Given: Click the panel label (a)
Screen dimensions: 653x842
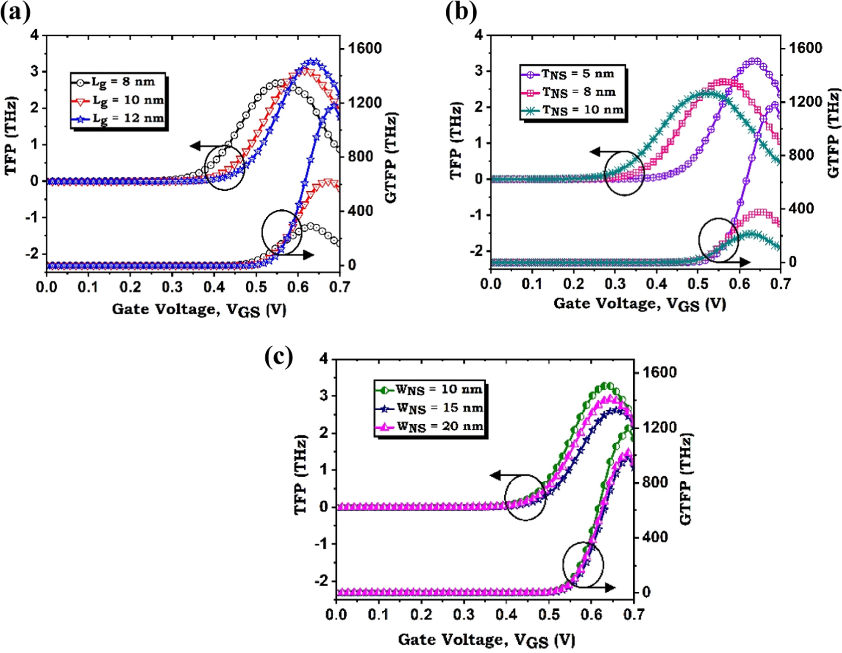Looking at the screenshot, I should (15, 12).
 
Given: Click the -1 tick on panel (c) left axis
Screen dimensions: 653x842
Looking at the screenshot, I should (321, 544).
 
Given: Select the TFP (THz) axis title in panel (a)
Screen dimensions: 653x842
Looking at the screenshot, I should (10, 136).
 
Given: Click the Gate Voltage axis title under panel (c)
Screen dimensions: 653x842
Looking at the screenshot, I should (486, 640).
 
